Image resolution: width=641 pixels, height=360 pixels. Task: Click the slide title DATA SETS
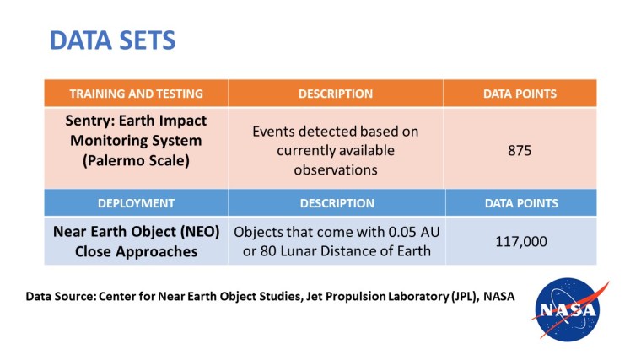[112, 40]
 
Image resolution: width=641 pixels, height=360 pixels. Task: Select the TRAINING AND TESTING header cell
[136, 94]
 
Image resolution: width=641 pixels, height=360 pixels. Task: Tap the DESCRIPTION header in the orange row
[336, 94]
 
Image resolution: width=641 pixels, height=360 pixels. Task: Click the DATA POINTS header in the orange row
[520, 94]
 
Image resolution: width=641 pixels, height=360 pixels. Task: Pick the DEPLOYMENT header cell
[136, 203]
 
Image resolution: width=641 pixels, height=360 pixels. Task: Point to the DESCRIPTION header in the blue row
[337, 203]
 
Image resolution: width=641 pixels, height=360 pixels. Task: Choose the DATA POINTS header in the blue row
[520, 203]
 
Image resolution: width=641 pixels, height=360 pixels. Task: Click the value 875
[520, 151]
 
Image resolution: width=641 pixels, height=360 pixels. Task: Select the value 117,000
[520, 241]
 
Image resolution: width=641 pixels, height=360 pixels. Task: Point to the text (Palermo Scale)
[136, 158]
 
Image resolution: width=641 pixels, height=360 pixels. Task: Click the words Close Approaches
[136, 251]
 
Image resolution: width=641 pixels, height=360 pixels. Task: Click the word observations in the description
[336, 169]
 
